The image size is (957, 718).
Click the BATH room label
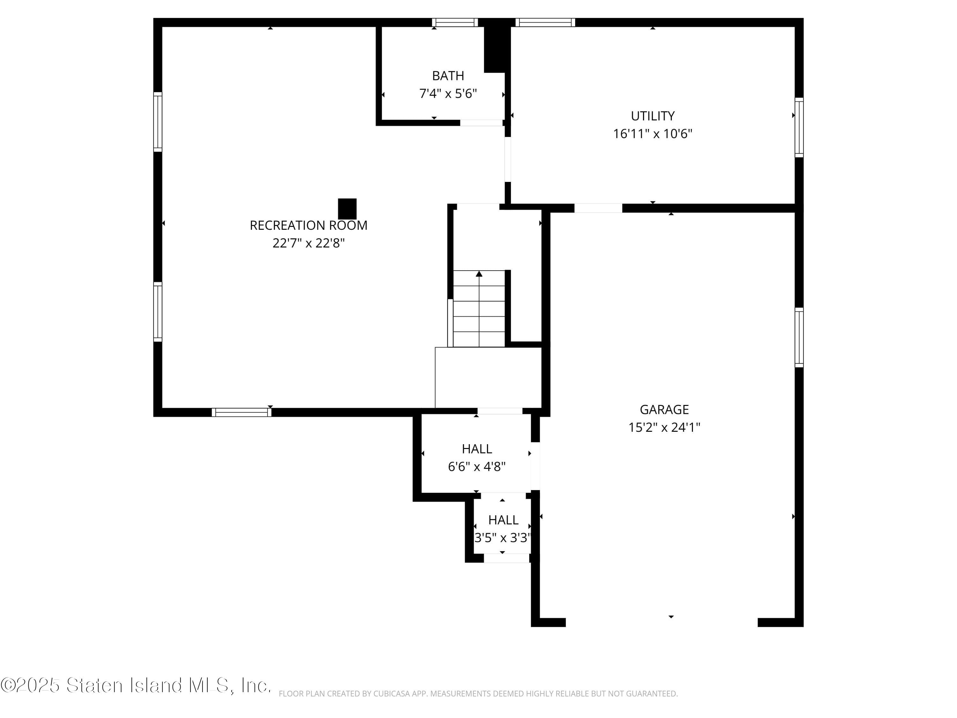[x=448, y=76]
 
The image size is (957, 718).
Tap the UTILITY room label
[x=652, y=116]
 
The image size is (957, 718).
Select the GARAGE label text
[x=664, y=409]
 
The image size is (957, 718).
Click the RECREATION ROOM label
[x=308, y=226]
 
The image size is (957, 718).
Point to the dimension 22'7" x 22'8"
[x=308, y=243]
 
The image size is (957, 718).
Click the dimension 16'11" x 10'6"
[x=652, y=134]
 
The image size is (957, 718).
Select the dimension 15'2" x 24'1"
[x=664, y=428]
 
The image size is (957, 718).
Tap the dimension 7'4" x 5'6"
[x=448, y=93]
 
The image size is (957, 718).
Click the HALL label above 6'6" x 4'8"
[x=477, y=449]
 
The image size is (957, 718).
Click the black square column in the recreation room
[x=347, y=209]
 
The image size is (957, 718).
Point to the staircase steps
[x=479, y=309]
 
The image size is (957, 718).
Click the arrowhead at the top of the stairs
[x=479, y=274]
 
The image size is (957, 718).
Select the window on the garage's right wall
[x=799, y=338]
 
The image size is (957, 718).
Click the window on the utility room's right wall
[x=799, y=128]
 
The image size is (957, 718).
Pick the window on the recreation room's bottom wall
[x=241, y=412]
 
